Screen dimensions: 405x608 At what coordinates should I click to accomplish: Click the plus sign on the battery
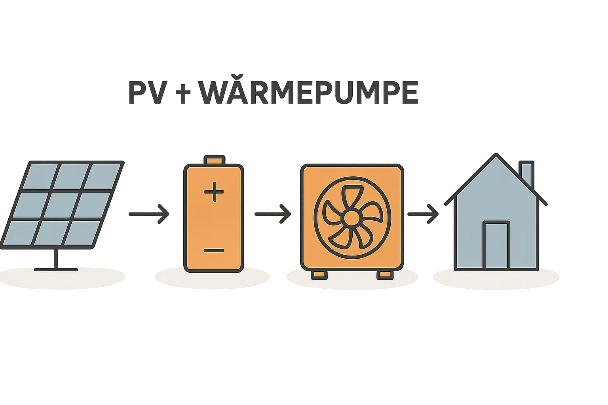tap(214, 193)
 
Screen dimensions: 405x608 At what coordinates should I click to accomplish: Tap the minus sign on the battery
tap(214, 250)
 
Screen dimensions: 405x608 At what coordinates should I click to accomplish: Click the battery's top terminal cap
tap(214, 160)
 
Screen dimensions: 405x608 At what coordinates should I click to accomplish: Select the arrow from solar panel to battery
tap(149, 214)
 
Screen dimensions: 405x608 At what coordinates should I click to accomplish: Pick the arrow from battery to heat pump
tap(272, 214)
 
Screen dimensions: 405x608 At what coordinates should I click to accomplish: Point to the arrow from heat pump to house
tap(423, 214)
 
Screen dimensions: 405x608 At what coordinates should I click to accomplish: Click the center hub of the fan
tap(351, 217)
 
